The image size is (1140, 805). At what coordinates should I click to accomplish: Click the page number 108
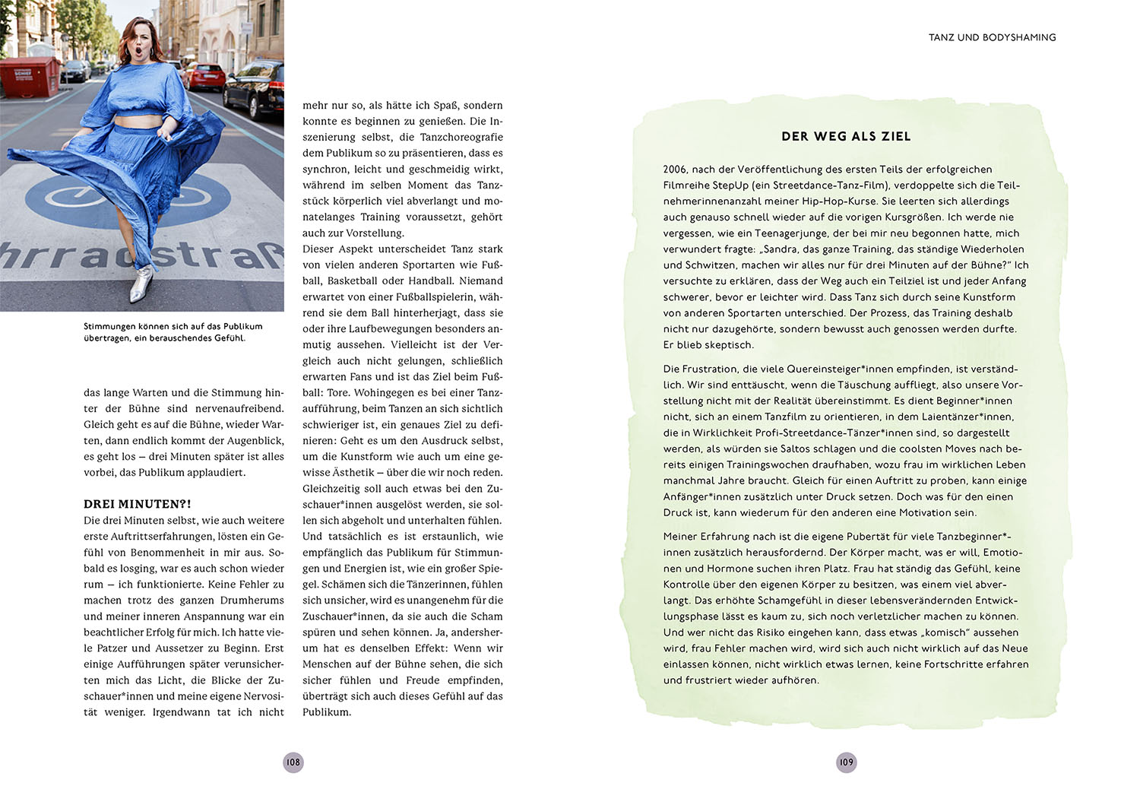click(x=293, y=762)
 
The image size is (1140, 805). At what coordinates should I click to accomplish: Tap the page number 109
click(x=846, y=762)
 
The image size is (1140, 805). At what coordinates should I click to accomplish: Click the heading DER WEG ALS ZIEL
click(x=846, y=137)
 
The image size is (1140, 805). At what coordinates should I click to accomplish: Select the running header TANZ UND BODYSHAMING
click(x=992, y=37)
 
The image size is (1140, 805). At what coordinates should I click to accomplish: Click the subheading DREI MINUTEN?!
click(x=137, y=504)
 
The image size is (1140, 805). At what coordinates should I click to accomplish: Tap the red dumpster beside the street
click(x=29, y=77)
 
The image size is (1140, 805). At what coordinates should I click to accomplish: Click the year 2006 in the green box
click(x=675, y=170)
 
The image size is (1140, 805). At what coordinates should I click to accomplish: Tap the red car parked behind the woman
click(x=205, y=76)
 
